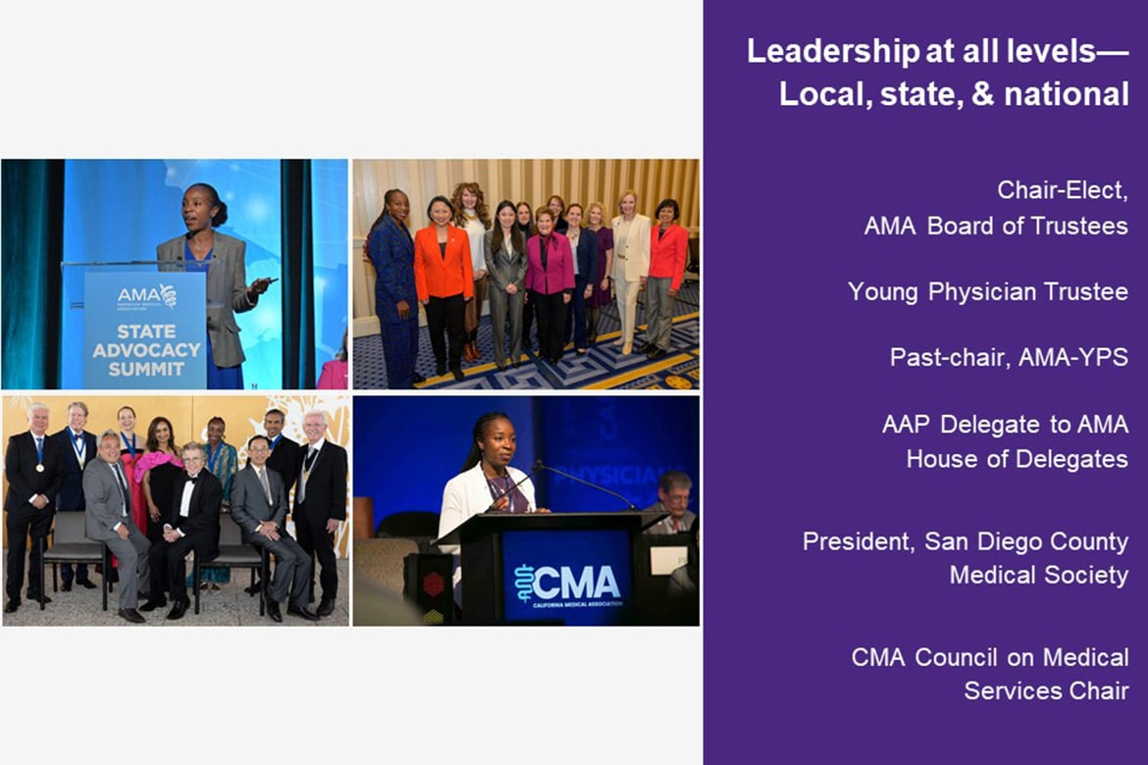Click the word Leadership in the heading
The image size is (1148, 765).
832,52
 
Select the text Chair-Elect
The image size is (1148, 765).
1062,190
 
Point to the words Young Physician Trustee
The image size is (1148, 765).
988,292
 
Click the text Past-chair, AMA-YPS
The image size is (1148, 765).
1009,357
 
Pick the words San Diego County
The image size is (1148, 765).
1026,541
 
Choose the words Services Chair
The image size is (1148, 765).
1046,690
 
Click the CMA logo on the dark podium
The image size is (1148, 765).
568,585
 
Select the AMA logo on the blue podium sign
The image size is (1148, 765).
146,296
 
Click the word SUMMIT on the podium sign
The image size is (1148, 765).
146,369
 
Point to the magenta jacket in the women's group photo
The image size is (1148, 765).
549,265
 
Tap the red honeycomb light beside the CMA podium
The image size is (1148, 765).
434,585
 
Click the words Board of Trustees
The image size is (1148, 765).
1028,227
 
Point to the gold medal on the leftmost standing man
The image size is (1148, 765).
40,468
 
